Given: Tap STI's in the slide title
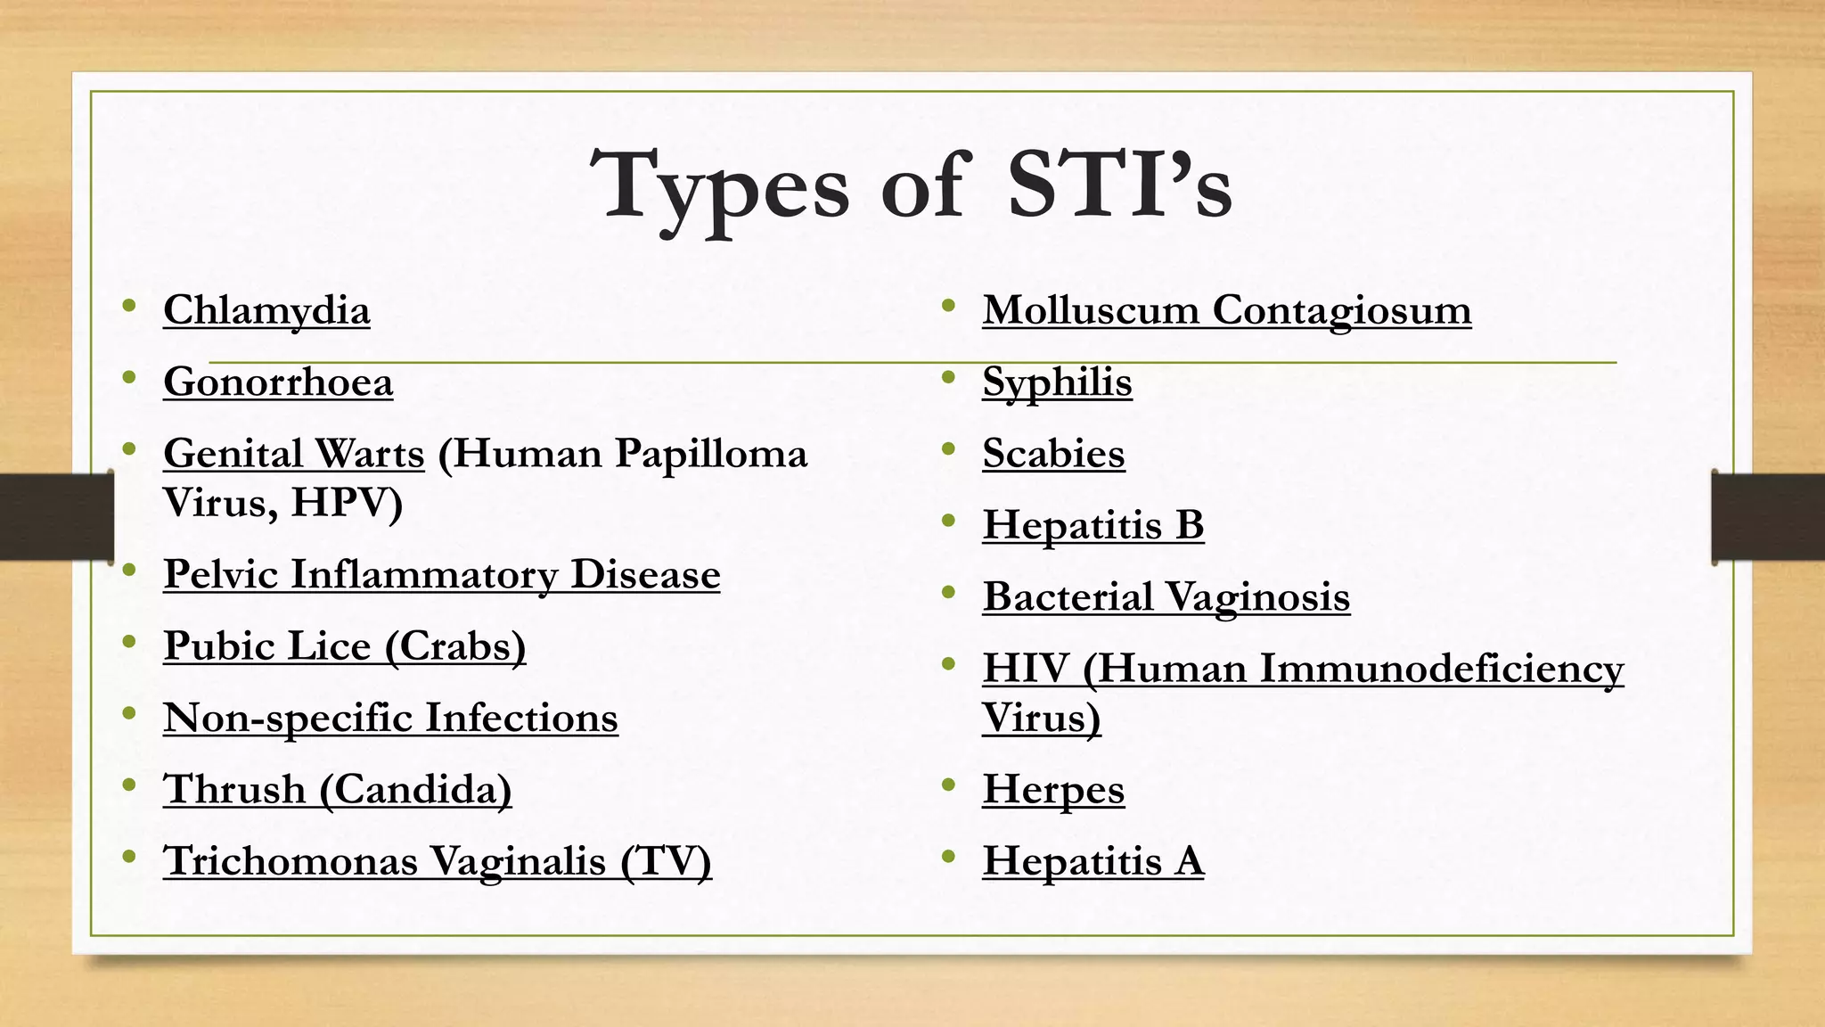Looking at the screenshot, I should pos(1119,185).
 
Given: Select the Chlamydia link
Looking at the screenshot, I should pos(266,311).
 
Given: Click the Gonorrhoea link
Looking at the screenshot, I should pos(278,382).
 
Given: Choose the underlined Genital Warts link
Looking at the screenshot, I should pos(294,454).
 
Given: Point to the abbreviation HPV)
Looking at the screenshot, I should pos(347,503).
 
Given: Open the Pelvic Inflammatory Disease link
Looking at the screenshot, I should pos(441,575).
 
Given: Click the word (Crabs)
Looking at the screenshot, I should pos(455,646).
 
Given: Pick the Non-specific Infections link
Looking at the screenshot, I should pos(390,719).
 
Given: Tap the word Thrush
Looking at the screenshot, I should pos(234,790).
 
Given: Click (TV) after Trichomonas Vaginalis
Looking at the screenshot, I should pos(666,861).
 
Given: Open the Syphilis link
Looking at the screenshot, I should pos(1057,382).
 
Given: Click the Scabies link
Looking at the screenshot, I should pos(1053,454).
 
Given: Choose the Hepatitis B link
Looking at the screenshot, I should pos(1093,525).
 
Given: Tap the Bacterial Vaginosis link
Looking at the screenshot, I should pos(1166,597).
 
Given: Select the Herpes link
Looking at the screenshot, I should pos(1053,790).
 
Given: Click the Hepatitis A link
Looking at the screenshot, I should pos(1093,861).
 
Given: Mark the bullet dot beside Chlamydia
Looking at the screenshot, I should pos(130,307).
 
